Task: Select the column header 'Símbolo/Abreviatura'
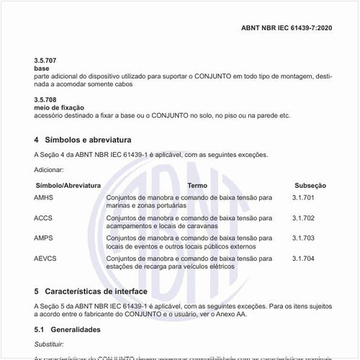pyautogui.click(x=68, y=185)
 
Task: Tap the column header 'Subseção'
pyautogui.click(x=310, y=185)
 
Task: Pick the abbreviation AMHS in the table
pyautogui.click(x=44, y=197)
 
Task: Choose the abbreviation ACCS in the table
pyautogui.click(x=44, y=217)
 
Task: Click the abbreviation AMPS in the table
pyautogui.click(x=44, y=238)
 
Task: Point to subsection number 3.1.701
pyautogui.click(x=304, y=197)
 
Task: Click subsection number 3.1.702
pyautogui.click(x=304, y=217)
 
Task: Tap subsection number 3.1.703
pyautogui.click(x=304, y=238)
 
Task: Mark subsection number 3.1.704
pyautogui.click(x=304, y=258)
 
